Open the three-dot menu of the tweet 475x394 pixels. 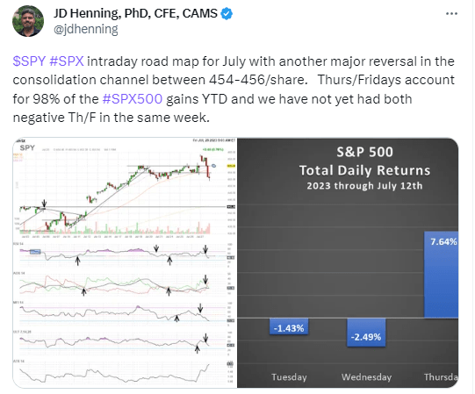point(451,16)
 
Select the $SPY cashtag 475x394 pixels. point(28,63)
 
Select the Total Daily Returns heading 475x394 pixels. point(349,169)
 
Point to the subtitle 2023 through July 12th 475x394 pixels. point(349,186)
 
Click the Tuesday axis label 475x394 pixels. point(289,377)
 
